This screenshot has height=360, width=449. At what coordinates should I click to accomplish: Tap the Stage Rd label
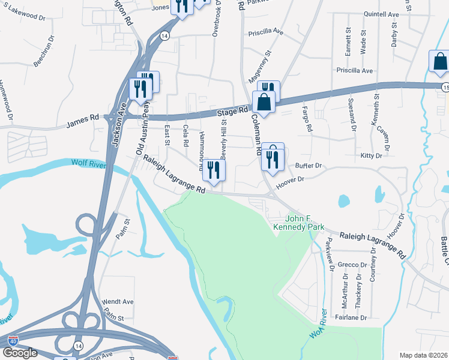pyautogui.click(x=232, y=112)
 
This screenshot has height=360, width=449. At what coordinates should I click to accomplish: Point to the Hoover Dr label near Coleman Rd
pyautogui.click(x=290, y=183)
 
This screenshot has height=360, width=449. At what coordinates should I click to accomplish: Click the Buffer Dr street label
pyautogui.click(x=309, y=165)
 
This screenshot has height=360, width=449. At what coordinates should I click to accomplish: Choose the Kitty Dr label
pyautogui.click(x=371, y=156)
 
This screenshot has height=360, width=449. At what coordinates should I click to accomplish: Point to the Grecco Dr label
pyautogui.click(x=352, y=265)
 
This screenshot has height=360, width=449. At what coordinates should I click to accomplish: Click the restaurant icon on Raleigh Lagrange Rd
pyautogui.click(x=213, y=170)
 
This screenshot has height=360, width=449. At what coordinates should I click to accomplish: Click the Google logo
pyautogui.click(x=20, y=353)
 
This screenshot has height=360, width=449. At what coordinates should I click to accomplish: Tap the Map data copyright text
pyautogui.click(x=423, y=355)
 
